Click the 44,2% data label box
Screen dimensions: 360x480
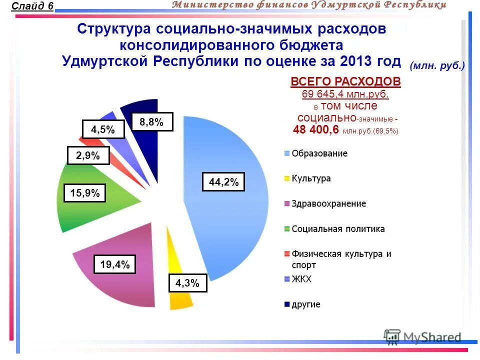tap(223, 182)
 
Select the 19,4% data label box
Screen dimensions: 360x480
tap(114, 264)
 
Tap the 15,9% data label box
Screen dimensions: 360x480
tap(85, 193)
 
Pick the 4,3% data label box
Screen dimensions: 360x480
tap(187, 283)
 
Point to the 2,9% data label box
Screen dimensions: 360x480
tap(88, 155)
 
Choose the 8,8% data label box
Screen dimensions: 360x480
tap(152, 122)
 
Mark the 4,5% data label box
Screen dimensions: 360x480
tap(102, 129)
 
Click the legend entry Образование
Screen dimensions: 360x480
tap(319, 153)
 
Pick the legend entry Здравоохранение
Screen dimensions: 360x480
tap(328, 203)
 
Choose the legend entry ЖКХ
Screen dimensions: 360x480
tap(301, 279)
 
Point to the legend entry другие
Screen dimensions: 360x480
tap(305, 304)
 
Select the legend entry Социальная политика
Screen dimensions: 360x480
tap(338, 229)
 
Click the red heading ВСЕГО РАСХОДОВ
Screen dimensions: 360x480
tap(345, 82)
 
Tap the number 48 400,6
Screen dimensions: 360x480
tap(316, 130)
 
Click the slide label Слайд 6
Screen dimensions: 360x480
tap(32, 6)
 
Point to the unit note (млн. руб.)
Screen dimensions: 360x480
tap(437, 66)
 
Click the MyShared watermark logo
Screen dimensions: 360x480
tap(422, 337)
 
